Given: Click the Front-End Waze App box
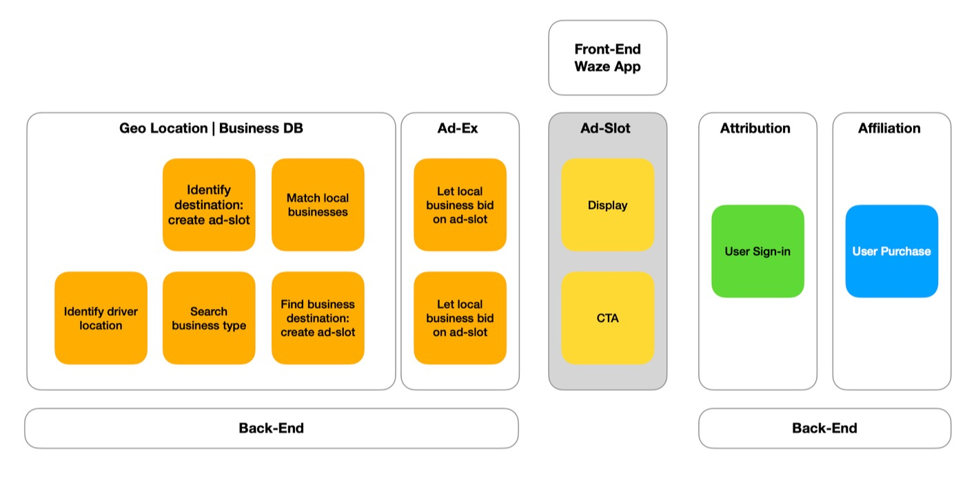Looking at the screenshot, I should click(x=607, y=57).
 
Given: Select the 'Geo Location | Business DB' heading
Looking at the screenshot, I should click(x=211, y=128).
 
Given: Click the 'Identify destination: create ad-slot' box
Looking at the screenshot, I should click(x=209, y=205).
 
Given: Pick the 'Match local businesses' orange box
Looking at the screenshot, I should click(x=318, y=205).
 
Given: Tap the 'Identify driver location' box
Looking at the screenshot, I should click(x=101, y=318).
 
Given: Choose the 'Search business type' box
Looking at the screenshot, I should click(x=209, y=318).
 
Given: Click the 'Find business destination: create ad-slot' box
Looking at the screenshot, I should click(x=318, y=318).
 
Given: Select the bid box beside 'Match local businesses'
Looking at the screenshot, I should click(x=460, y=205).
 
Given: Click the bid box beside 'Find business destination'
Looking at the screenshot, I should click(x=460, y=318).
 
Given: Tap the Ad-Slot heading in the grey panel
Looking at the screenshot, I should click(x=607, y=128).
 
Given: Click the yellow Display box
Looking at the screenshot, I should click(x=607, y=205).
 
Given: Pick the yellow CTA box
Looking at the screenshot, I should click(x=607, y=318).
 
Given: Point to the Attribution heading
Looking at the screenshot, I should click(x=755, y=128).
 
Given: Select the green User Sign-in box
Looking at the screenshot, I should click(x=758, y=251).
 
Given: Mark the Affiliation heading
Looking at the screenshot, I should click(x=889, y=128).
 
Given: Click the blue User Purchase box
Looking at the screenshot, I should click(x=891, y=251).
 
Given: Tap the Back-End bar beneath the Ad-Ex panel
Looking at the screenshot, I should click(x=272, y=428).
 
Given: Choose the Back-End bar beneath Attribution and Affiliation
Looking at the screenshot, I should click(x=824, y=428).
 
